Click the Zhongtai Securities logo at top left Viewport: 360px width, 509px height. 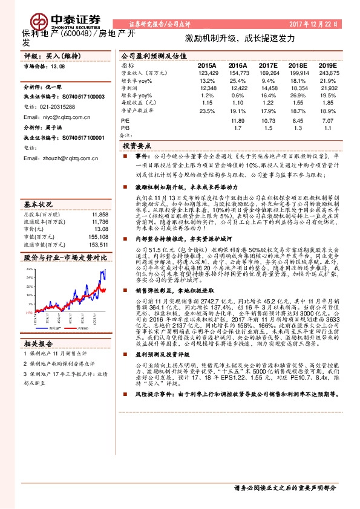click(x=54, y=15)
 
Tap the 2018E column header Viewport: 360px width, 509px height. click(x=299, y=65)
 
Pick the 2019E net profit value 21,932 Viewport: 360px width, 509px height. click(x=327, y=88)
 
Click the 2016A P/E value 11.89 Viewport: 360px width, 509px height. click(x=238, y=121)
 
